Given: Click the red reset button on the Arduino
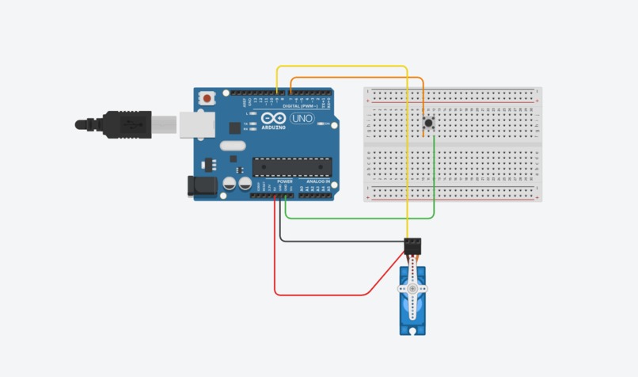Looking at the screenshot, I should (x=207, y=99).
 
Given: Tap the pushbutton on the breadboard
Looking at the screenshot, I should (x=428, y=123).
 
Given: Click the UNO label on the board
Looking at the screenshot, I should (x=302, y=119).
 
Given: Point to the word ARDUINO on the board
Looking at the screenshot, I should (x=273, y=126).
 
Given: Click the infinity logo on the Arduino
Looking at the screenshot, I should (x=273, y=117).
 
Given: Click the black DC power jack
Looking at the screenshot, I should (x=199, y=186).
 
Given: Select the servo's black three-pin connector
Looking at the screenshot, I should (x=412, y=246).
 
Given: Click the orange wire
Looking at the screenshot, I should (x=356, y=78).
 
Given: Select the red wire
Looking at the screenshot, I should (x=317, y=295).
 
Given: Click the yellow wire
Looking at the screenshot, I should (x=407, y=158).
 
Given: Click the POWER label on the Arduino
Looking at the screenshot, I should (x=285, y=181).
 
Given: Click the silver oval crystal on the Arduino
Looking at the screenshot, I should (x=230, y=146).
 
